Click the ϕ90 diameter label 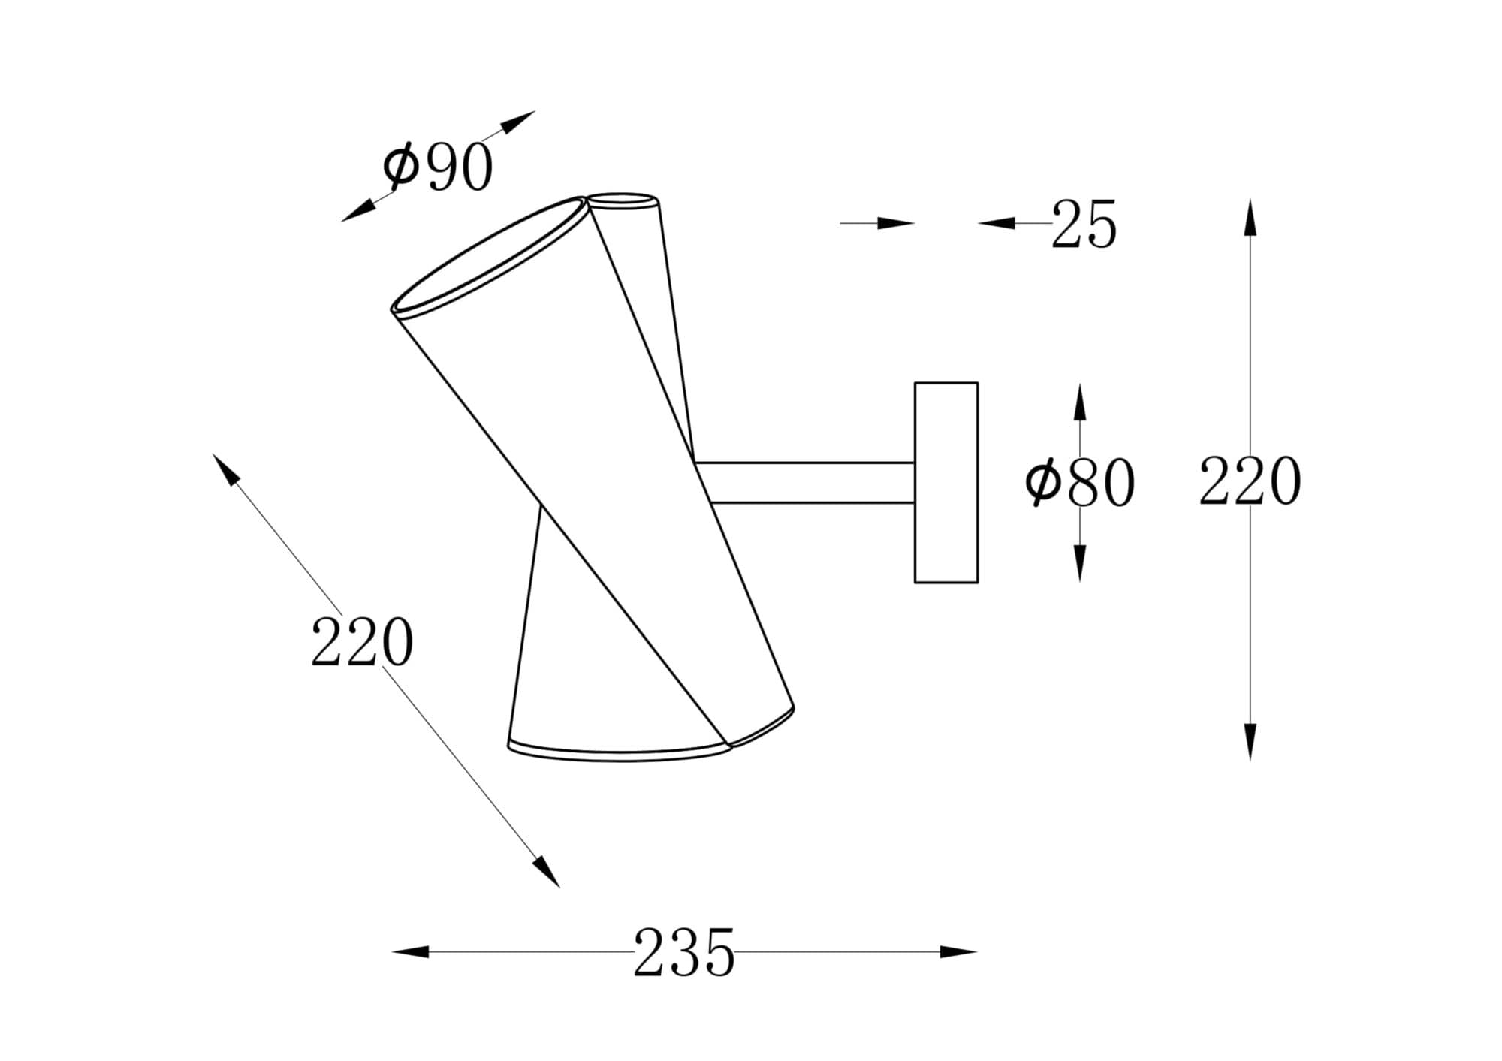[438, 166]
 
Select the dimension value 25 [1084, 224]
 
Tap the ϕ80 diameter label [1079, 482]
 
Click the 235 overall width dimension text [683, 952]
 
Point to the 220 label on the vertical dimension [1249, 481]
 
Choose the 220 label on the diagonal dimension [362, 642]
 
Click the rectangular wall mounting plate [946, 482]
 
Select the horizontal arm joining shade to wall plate [804, 483]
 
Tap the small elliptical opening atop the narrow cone [623, 200]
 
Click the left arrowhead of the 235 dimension [411, 952]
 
